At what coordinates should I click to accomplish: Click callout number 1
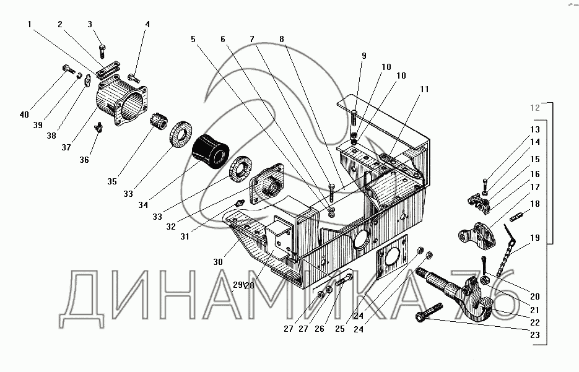pyautogui.click(x=30, y=24)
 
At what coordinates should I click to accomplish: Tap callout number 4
pyautogui.click(x=147, y=24)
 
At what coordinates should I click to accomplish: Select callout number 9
pyautogui.click(x=364, y=56)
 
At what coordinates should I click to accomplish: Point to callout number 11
pyautogui.click(x=424, y=89)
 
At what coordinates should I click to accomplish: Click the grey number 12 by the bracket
pyautogui.click(x=535, y=108)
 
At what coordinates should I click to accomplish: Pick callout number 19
pyautogui.click(x=535, y=238)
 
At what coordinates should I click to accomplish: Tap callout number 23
pyautogui.click(x=535, y=335)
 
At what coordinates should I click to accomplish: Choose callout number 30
pyautogui.click(x=218, y=262)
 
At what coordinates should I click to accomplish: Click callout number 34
pyautogui.click(x=143, y=205)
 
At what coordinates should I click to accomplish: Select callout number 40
pyautogui.click(x=24, y=115)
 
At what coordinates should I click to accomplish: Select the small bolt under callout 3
pyautogui.click(x=102, y=51)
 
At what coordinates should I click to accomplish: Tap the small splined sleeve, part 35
pyautogui.click(x=159, y=121)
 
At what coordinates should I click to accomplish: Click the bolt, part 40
pyautogui.click(x=68, y=69)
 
